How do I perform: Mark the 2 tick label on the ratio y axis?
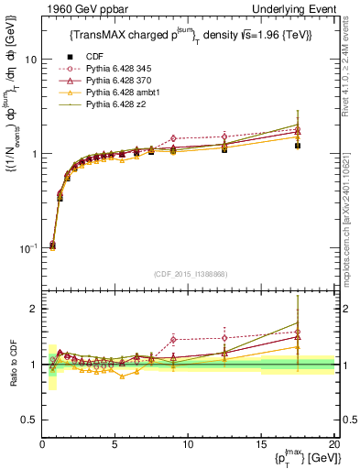[34, 309]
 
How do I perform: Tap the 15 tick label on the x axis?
[261, 444]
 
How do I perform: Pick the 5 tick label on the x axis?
[115, 444]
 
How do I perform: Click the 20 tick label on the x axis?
[333, 444]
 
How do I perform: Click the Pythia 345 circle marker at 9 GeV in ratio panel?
[173, 340]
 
